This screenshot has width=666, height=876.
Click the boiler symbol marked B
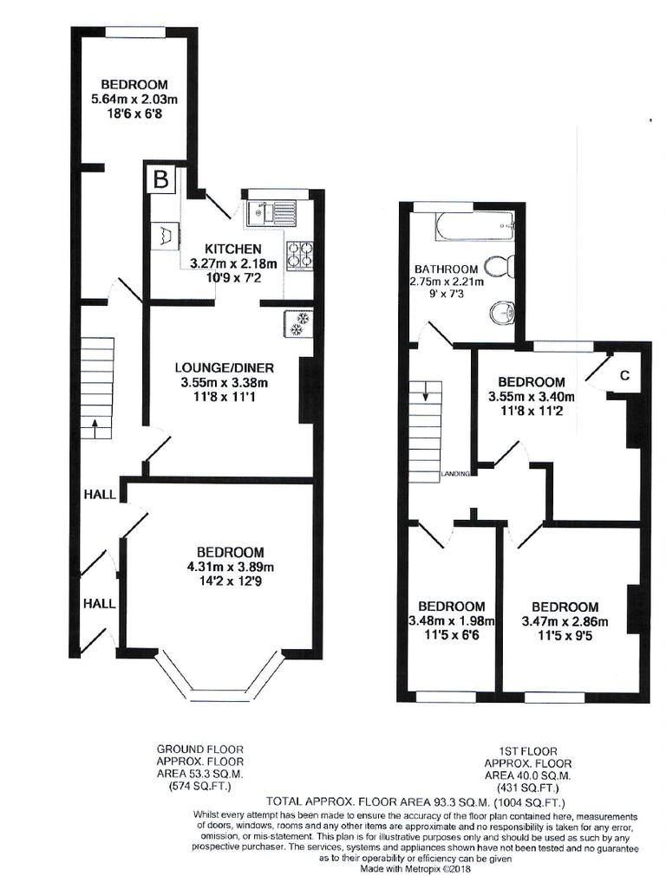tap(160, 179)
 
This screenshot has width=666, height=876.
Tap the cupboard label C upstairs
tap(624, 375)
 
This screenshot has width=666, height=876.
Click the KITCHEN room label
tap(233, 250)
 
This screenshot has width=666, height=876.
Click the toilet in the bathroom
tap(499, 266)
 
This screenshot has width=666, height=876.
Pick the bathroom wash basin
tap(500, 312)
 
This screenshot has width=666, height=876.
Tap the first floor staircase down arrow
tap(427, 394)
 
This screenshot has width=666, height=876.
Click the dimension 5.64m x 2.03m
tap(134, 100)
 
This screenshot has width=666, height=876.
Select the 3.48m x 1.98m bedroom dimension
tap(450, 621)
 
